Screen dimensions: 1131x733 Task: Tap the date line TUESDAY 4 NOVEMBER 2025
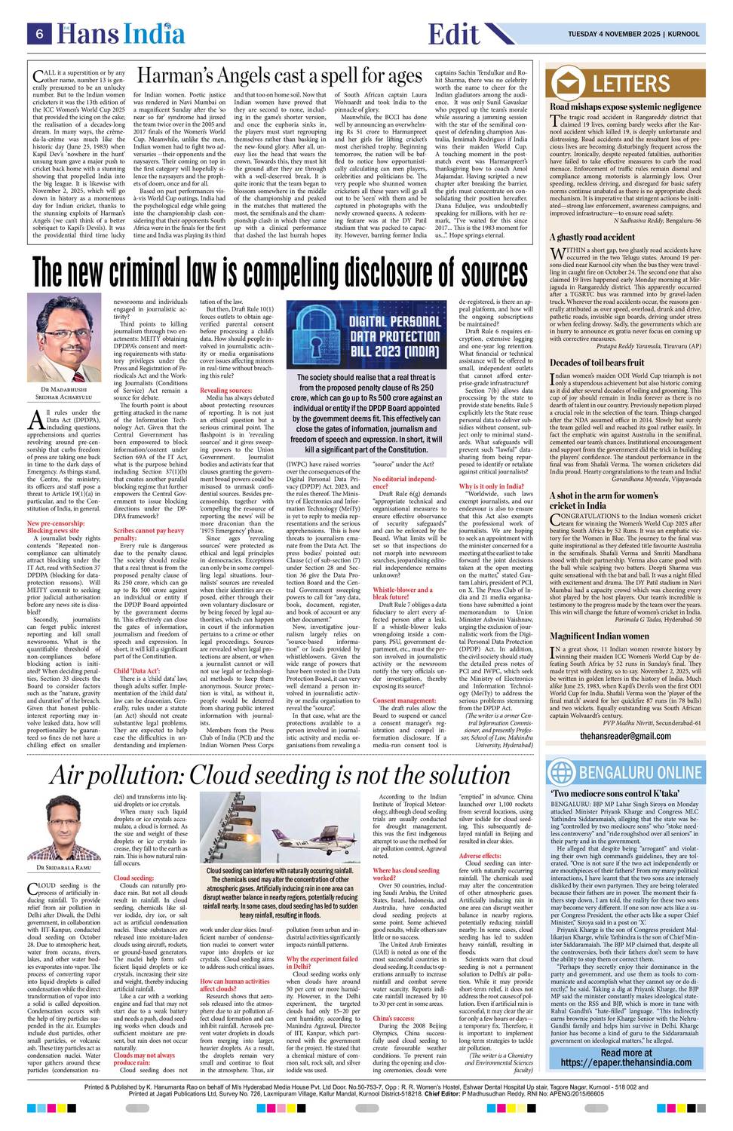click(615, 34)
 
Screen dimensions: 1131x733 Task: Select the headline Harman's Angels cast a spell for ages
click(279, 76)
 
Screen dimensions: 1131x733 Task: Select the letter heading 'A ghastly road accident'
click(592, 237)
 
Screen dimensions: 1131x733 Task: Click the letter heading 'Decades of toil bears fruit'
click(596, 363)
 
